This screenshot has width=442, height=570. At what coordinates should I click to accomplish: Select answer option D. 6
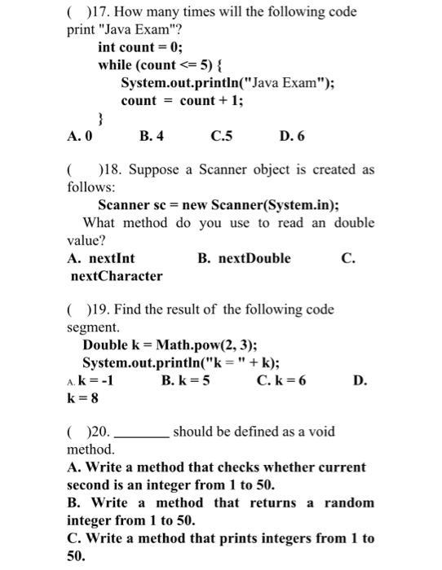293,137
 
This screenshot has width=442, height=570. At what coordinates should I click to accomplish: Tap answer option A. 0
80,137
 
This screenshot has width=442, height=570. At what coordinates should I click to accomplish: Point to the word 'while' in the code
117,64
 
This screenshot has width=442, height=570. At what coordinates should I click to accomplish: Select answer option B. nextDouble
244,258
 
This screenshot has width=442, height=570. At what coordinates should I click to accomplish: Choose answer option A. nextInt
103,258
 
